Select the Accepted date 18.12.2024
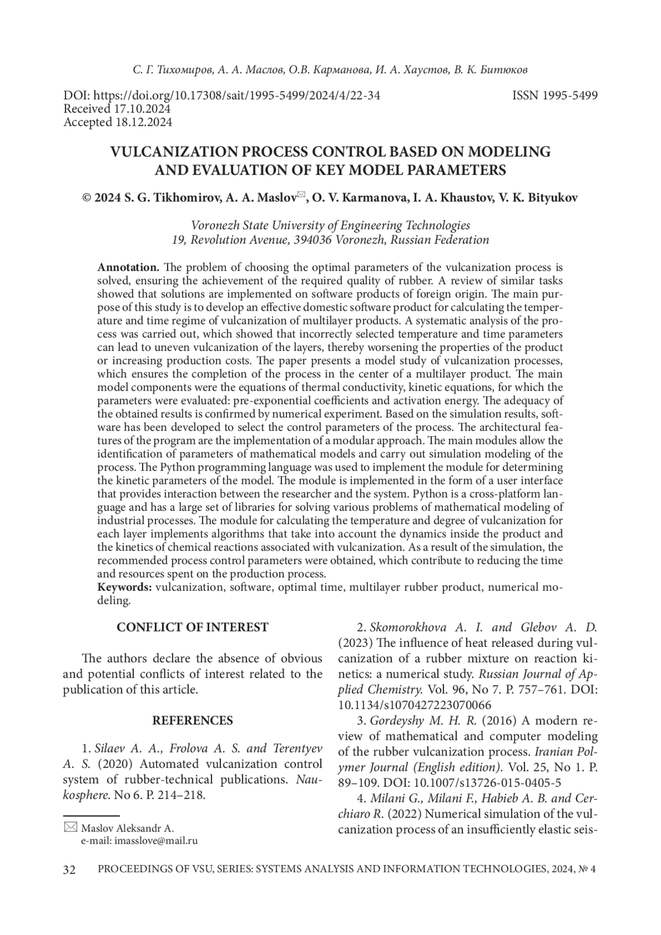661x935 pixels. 143,122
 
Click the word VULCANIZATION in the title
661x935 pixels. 176,152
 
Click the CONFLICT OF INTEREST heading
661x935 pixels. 192,627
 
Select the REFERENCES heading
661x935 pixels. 192,721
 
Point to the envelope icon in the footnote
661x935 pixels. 71,826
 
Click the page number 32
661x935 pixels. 69,870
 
